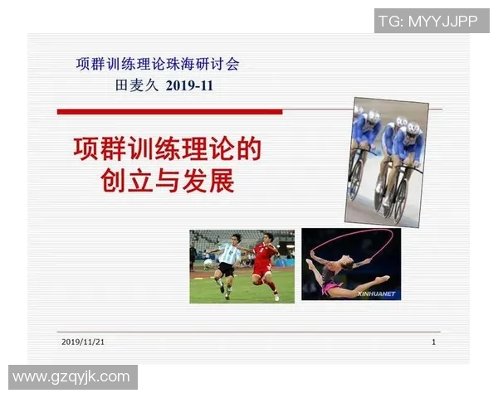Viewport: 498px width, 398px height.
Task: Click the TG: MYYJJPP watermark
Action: click(427, 21)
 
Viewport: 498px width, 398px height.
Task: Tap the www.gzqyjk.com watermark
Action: click(72, 377)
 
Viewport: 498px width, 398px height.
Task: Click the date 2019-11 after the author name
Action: click(189, 85)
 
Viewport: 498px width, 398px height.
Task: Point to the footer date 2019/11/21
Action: click(83, 342)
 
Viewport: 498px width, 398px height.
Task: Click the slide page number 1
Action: click(433, 342)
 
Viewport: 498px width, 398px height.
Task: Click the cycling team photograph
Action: click(386, 161)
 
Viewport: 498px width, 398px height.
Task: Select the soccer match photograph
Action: click(242, 266)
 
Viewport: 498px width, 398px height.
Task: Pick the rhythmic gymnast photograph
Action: click(351, 264)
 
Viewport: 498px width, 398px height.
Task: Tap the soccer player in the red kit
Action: click(264, 262)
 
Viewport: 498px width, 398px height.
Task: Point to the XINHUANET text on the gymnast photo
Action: click(377, 294)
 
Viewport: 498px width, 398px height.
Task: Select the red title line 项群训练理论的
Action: click(167, 149)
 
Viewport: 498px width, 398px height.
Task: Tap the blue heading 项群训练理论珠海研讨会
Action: click(157, 64)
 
